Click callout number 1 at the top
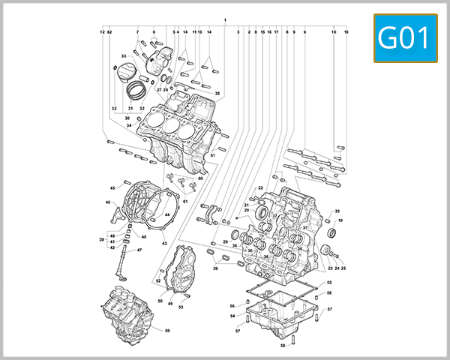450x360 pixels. (224, 18)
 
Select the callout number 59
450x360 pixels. (167, 331)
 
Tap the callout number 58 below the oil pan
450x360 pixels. (283, 346)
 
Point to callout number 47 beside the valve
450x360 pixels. (139, 250)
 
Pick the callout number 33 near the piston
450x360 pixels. (124, 56)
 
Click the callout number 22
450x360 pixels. (260, 187)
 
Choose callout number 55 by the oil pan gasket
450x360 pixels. (328, 282)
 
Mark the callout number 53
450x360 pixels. (181, 306)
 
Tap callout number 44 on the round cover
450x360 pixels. (166, 215)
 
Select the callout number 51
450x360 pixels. (212, 155)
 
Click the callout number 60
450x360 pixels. (200, 178)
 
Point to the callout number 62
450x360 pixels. (109, 32)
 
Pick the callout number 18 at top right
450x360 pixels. (346, 32)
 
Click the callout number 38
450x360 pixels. (217, 94)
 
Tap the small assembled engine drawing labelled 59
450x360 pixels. (127, 311)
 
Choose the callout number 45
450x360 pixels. (113, 187)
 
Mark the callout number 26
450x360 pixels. (215, 268)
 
